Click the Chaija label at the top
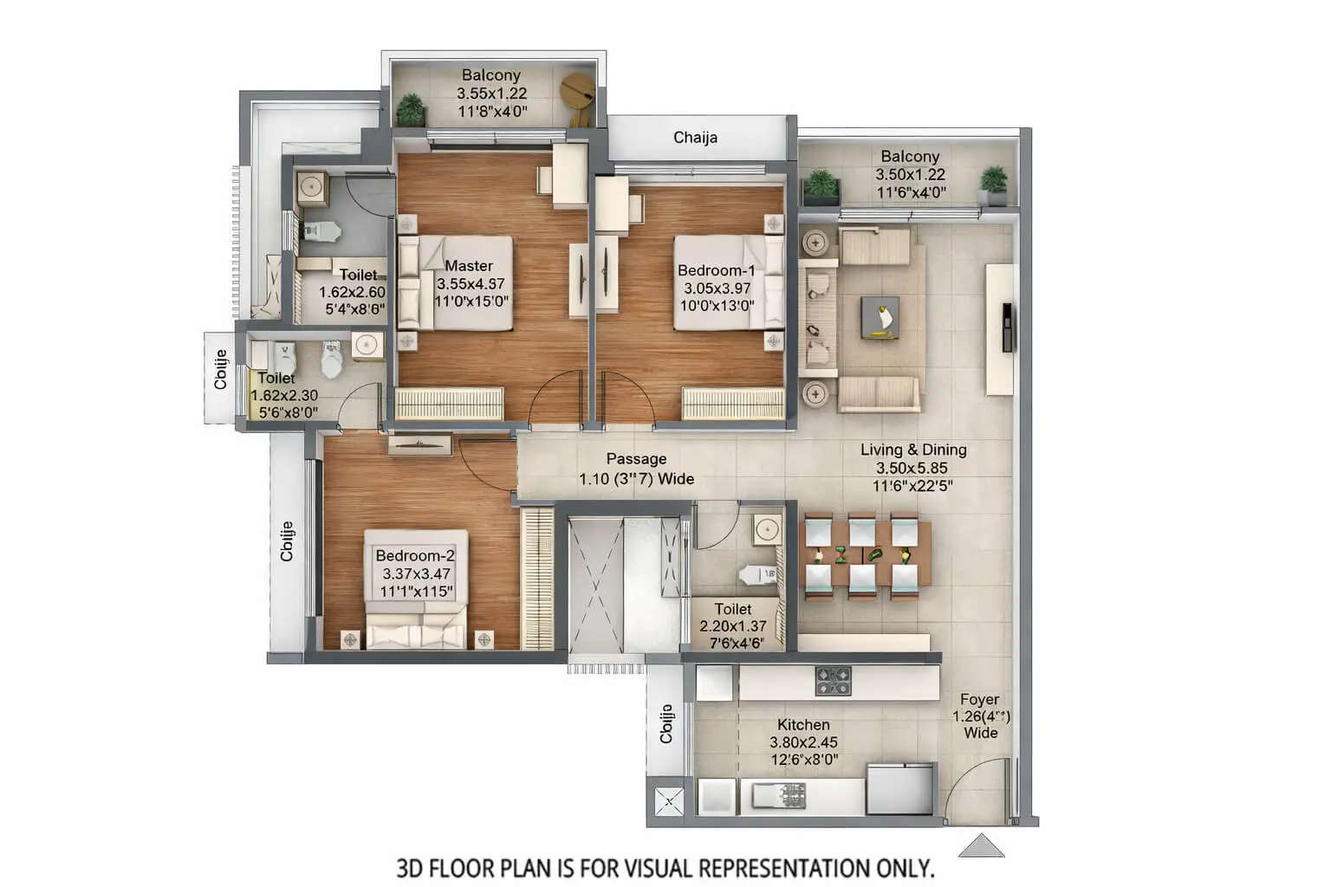695,138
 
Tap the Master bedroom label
469,266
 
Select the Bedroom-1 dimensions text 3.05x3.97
716,288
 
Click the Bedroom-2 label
415,555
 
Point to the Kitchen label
803,725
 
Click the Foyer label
979,699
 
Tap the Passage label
636,459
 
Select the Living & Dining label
913,450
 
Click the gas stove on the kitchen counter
833,681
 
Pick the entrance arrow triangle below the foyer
981,845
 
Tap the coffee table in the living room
880,317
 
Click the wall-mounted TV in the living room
1007,327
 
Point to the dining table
868,555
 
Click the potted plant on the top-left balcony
411,109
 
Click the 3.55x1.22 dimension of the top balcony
491,94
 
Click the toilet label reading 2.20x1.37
733,626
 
